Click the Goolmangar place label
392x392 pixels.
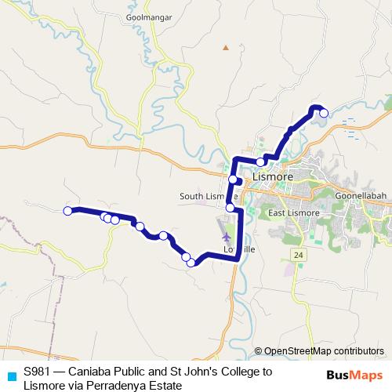click(x=143, y=15)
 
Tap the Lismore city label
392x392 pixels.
click(x=273, y=177)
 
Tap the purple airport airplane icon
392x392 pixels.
click(x=227, y=236)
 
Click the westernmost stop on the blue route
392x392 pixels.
click(x=68, y=210)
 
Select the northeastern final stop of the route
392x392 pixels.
click(x=324, y=114)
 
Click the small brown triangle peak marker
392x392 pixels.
click(x=226, y=48)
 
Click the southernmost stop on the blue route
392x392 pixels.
click(x=191, y=263)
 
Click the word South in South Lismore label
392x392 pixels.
click(x=192, y=196)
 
